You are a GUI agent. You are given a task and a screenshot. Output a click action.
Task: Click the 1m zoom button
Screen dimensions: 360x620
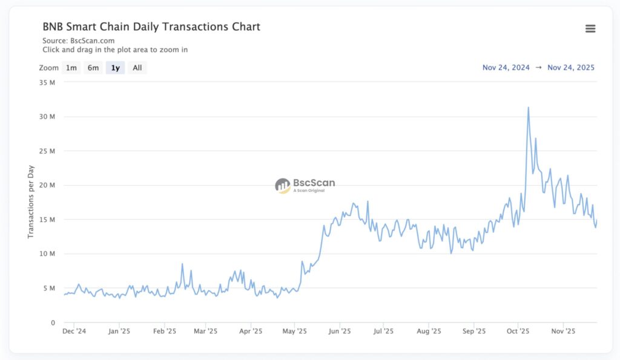pos(71,68)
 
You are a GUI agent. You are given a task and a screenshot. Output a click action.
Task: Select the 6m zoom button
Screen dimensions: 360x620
pos(93,68)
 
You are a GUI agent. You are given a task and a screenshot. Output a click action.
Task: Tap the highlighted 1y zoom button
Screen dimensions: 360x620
pos(115,68)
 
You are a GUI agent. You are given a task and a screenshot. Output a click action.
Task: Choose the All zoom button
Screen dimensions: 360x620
pos(137,68)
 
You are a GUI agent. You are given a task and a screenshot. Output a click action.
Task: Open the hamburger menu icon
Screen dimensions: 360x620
pos(590,28)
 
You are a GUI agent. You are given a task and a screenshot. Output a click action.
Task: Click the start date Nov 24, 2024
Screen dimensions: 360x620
pos(506,67)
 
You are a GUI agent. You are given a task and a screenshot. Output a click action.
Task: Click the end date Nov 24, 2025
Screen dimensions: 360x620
pos(570,67)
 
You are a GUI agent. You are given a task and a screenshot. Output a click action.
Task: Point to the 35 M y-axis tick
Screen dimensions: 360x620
pos(48,82)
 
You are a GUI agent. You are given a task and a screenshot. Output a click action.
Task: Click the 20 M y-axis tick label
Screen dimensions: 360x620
pos(48,185)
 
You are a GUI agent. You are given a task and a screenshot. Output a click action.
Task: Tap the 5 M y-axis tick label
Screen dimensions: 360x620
pos(50,288)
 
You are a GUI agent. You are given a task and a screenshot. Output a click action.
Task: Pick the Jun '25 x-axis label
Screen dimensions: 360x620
pos(339,331)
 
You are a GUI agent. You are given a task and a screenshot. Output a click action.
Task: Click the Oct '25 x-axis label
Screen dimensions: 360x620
pos(518,331)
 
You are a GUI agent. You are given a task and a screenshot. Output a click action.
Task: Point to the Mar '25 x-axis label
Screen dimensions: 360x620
pos(205,331)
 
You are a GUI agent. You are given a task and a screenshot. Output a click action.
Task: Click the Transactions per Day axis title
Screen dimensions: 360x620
pos(31,201)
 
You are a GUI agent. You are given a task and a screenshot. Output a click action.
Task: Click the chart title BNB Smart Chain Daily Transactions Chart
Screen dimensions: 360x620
pos(151,27)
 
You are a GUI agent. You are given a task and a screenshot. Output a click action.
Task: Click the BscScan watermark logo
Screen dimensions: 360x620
pos(305,185)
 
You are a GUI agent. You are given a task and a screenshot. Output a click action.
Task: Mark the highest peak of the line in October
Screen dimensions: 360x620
pos(529,108)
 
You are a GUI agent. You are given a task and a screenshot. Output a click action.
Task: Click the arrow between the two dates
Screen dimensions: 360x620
pos(538,67)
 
